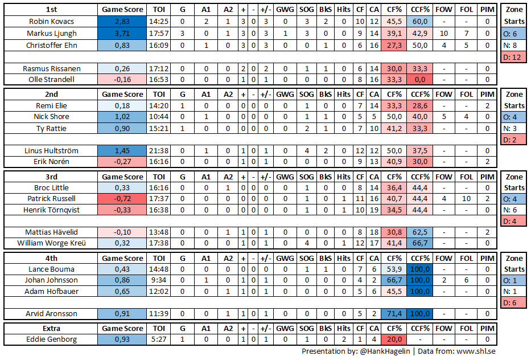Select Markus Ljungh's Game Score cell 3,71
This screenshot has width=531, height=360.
pyautogui.click(x=122, y=33)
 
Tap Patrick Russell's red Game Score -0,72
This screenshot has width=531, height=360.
pyautogui.click(x=122, y=199)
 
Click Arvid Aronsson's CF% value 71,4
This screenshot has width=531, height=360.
pyautogui.click(x=393, y=314)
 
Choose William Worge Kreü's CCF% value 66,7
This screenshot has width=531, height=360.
pyautogui.click(x=420, y=243)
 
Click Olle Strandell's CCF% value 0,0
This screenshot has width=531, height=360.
pyautogui.click(x=420, y=79)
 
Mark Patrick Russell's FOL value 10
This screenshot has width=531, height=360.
pyautogui.click(x=466, y=199)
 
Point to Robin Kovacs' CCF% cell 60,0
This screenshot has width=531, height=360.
pyautogui.click(x=420, y=22)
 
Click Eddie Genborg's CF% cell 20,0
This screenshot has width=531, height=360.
pyautogui.click(x=393, y=339)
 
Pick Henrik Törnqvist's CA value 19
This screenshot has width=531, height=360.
pyautogui.click(x=374, y=210)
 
